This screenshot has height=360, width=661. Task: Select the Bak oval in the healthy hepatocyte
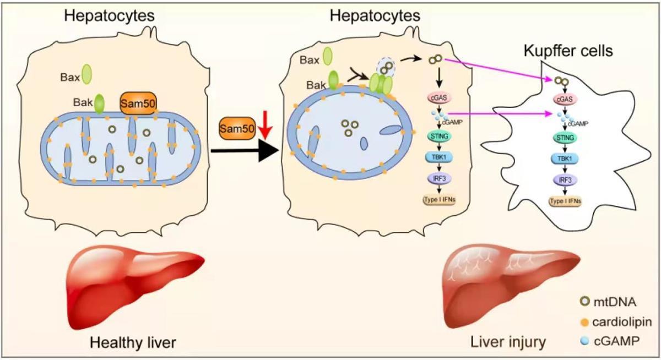click(x=100, y=103)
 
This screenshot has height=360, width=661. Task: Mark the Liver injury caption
click(x=508, y=343)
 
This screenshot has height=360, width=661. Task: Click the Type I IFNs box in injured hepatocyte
click(x=440, y=200)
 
